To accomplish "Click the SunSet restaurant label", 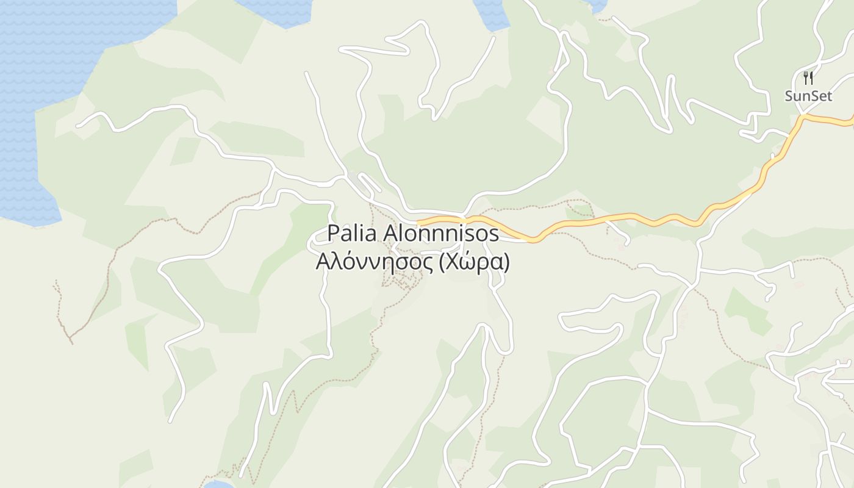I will coord(808,96).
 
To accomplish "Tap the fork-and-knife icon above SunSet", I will coord(808,78).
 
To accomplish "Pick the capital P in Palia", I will coord(333,233).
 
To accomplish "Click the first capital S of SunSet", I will coord(789,96).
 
